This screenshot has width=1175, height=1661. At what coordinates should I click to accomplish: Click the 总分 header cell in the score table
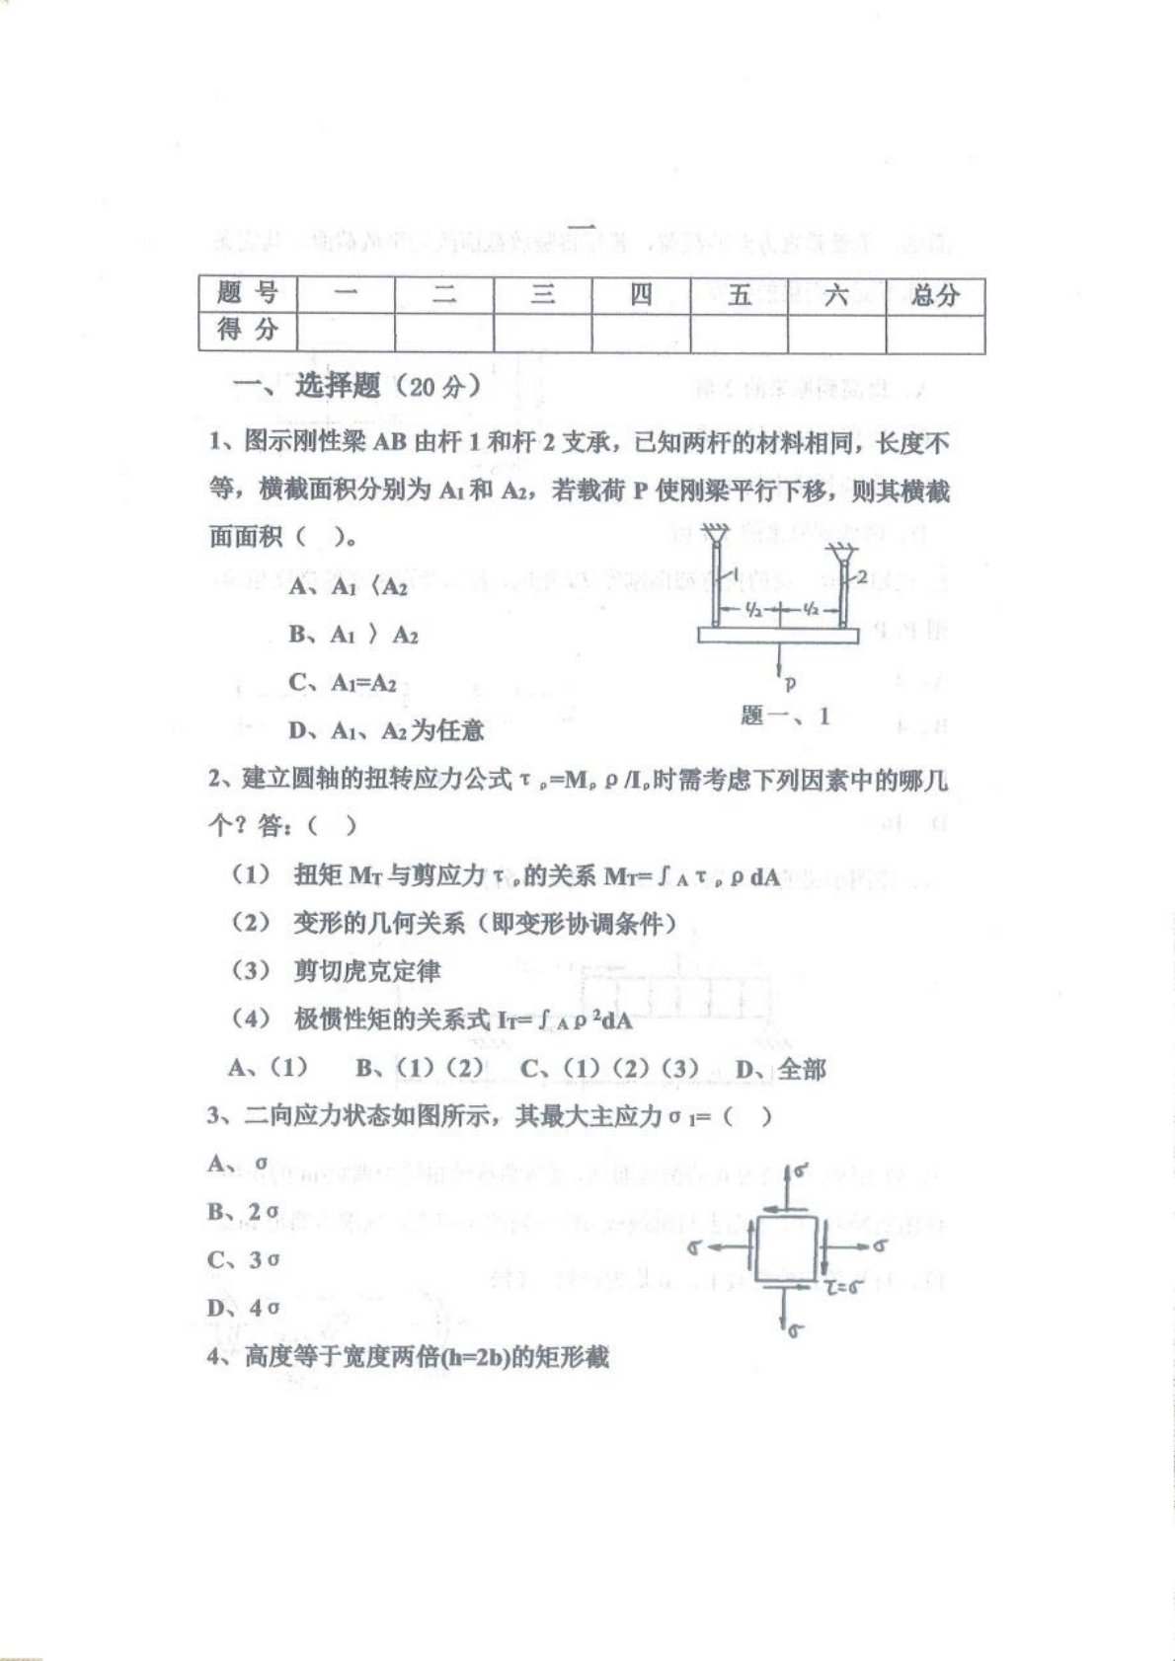click(x=934, y=294)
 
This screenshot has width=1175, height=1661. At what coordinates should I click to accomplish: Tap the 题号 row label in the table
click(x=247, y=293)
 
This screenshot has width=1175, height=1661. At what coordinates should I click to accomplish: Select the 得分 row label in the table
click(x=247, y=330)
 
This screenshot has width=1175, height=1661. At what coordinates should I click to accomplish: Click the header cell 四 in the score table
click(x=641, y=294)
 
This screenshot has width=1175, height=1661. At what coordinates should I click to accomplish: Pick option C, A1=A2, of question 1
click(x=343, y=683)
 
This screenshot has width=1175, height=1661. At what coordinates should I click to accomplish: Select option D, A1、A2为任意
click(x=385, y=730)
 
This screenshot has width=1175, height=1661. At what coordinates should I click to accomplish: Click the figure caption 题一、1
click(x=785, y=716)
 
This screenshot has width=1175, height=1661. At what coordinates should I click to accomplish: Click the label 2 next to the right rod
click(x=862, y=578)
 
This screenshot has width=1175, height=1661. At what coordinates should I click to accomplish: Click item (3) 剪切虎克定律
click(x=337, y=971)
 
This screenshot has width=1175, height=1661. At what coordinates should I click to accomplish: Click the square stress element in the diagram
click(x=786, y=1248)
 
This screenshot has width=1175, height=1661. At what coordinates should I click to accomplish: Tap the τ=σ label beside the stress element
click(x=845, y=1286)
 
